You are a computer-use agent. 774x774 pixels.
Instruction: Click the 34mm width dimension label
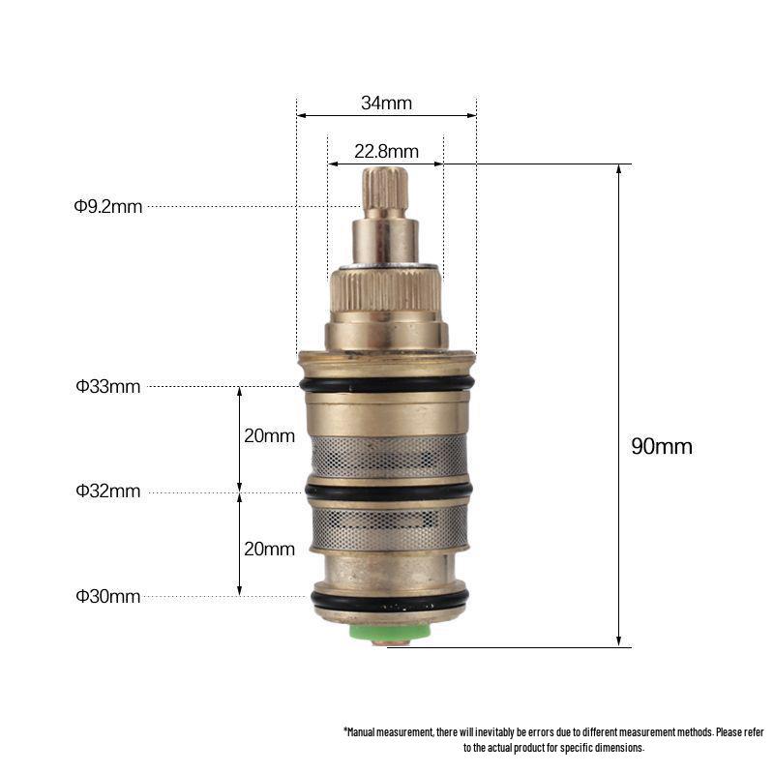pos(386,104)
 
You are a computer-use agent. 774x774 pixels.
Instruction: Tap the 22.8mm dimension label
pos(386,151)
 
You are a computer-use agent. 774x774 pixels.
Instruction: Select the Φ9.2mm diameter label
pos(108,206)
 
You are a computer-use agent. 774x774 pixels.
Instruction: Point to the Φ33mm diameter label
pos(108,386)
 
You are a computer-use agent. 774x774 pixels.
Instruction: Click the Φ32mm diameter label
pos(108,491)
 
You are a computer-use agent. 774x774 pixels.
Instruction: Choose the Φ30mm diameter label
pos(108,596)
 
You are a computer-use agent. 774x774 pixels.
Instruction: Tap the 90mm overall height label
pos(662,446)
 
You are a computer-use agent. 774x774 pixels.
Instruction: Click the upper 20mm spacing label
pos(269,436)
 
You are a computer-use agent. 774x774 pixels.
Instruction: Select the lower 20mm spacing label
pos(269,549)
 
